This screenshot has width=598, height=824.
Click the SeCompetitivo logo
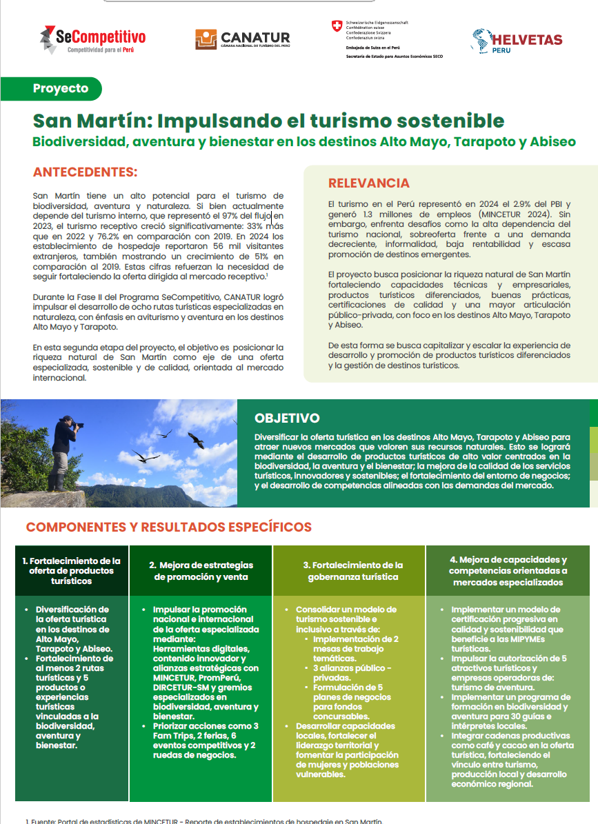tap(92, 39)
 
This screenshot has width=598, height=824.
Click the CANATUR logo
tap(242, 39)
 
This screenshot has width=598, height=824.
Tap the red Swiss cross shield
tap(337, 26)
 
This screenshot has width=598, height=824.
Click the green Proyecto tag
tap(61, 88)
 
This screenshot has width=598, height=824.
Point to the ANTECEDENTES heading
tap(85, 172)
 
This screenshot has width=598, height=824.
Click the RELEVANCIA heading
tap(368, 183)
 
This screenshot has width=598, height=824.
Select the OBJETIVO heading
tap(287, 418)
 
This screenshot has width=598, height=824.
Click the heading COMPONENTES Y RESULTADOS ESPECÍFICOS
tap(168, 527)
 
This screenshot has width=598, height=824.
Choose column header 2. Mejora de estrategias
tap(201, 570)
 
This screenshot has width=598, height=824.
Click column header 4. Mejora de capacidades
tap(508, 570)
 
